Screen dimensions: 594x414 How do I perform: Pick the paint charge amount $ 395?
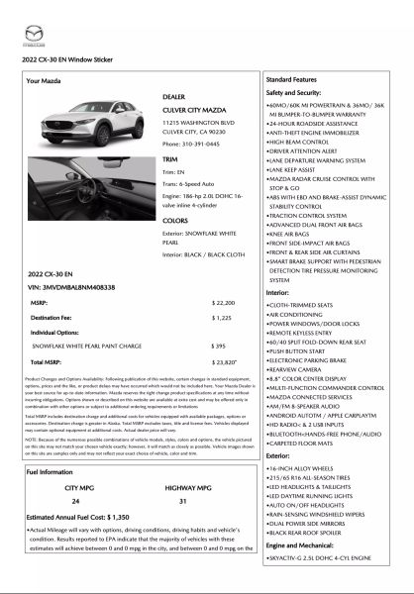tap(221, 345)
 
